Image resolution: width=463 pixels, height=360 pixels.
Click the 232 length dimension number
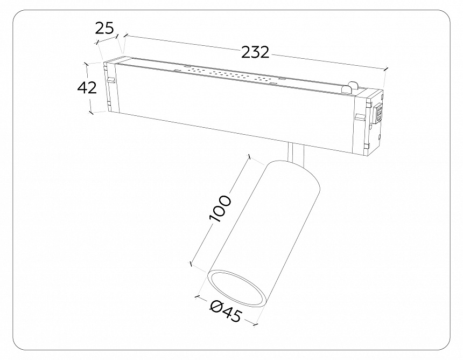tap(255, 52)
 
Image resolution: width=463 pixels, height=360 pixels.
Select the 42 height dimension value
tap(87, 87)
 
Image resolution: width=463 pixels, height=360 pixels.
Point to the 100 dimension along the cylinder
tap(221, 209)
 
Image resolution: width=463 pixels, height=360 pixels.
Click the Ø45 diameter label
tap(226, 311)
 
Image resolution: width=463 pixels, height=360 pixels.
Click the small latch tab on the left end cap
tap(111, 81)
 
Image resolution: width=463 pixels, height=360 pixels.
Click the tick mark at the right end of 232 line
tap(386, 69)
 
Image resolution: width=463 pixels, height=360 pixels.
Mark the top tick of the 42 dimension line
tap(86, 63)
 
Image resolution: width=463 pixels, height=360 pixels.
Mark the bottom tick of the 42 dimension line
tap(91, 113)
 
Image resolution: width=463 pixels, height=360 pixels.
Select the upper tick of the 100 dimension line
tap(249, 156)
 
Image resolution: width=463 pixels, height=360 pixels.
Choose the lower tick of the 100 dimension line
tap(191, 264)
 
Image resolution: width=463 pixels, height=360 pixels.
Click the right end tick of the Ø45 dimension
tap(256, 324)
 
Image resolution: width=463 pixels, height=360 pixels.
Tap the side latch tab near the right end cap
tap(360, 117)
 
